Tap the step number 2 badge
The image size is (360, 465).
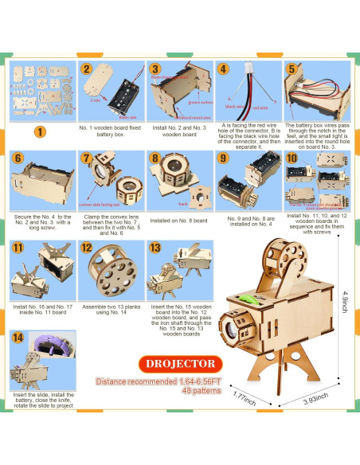[85, 69]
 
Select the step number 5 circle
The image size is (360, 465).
[292, 69]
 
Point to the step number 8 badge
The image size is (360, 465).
[155, 158]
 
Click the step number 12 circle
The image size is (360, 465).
[86, 248]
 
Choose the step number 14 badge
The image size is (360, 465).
[18, 337]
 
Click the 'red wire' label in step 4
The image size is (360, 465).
[260, 107]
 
